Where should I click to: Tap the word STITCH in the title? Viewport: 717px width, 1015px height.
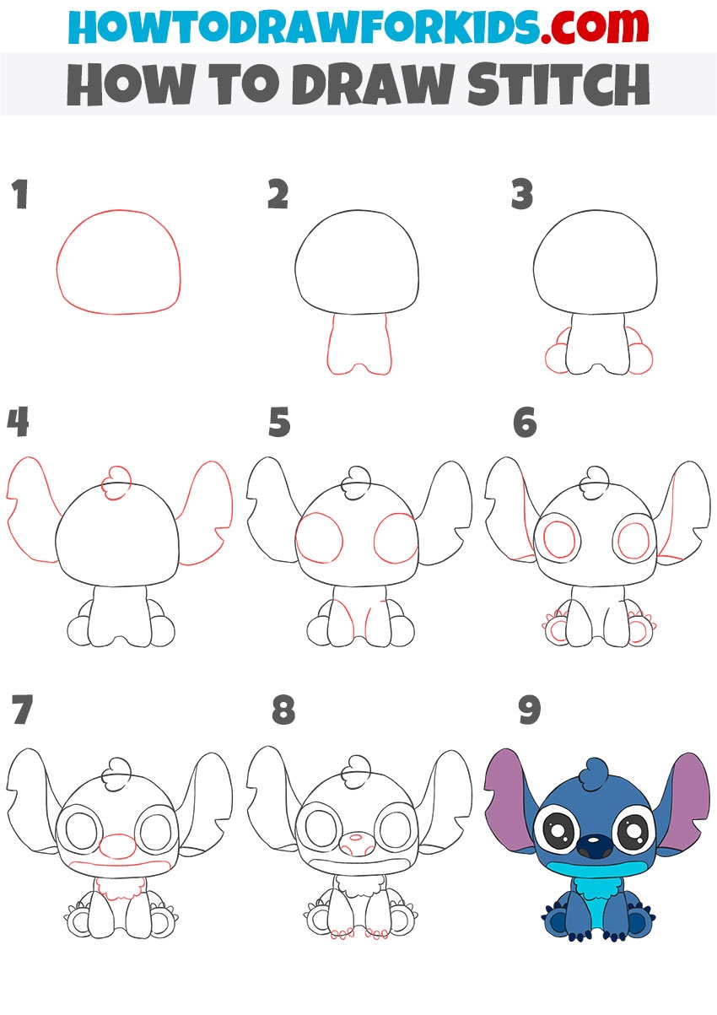click(x=558, y=84)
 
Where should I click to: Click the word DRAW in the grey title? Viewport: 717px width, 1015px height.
click(x=375, y=84)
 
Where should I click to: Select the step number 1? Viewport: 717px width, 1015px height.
click(x=20, y=194)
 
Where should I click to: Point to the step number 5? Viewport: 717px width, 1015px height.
click(x=279, y=423)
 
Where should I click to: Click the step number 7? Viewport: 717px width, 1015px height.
click(x=23, y=710)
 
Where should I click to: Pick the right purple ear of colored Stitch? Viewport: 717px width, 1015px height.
click(x=686, y=802)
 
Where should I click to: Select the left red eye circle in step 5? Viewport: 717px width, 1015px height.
click(x=298, y=537)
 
